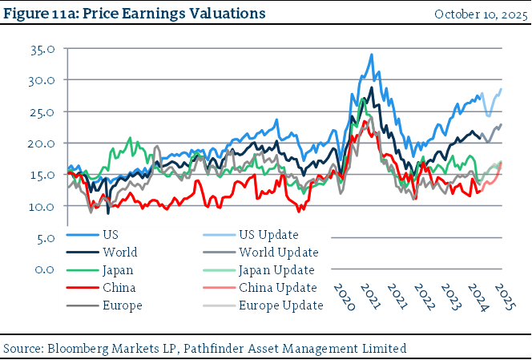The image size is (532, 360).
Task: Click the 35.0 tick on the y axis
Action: pos(42,49)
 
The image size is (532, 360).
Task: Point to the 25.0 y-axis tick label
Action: pos(42,111)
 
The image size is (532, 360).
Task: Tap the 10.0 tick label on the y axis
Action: pos(42,206)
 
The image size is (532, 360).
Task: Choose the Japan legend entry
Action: pos(117,270)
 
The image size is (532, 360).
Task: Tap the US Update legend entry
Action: pos(268,235)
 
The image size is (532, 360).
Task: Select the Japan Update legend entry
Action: pos(276,270)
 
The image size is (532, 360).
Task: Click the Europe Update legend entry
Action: pos(280,305)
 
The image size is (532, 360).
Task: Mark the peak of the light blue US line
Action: pos(371,55)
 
